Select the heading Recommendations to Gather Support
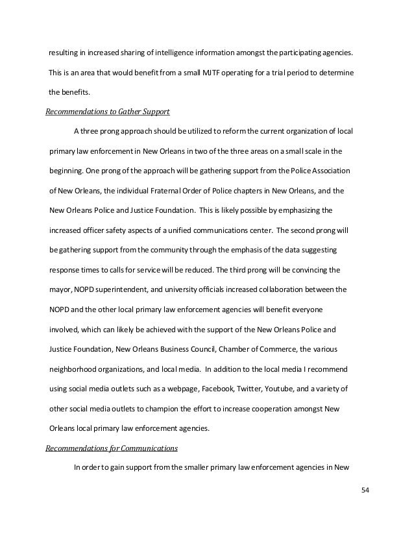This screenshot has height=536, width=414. click(x=107, y=112)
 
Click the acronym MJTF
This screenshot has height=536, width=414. click(x=227, y=71)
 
